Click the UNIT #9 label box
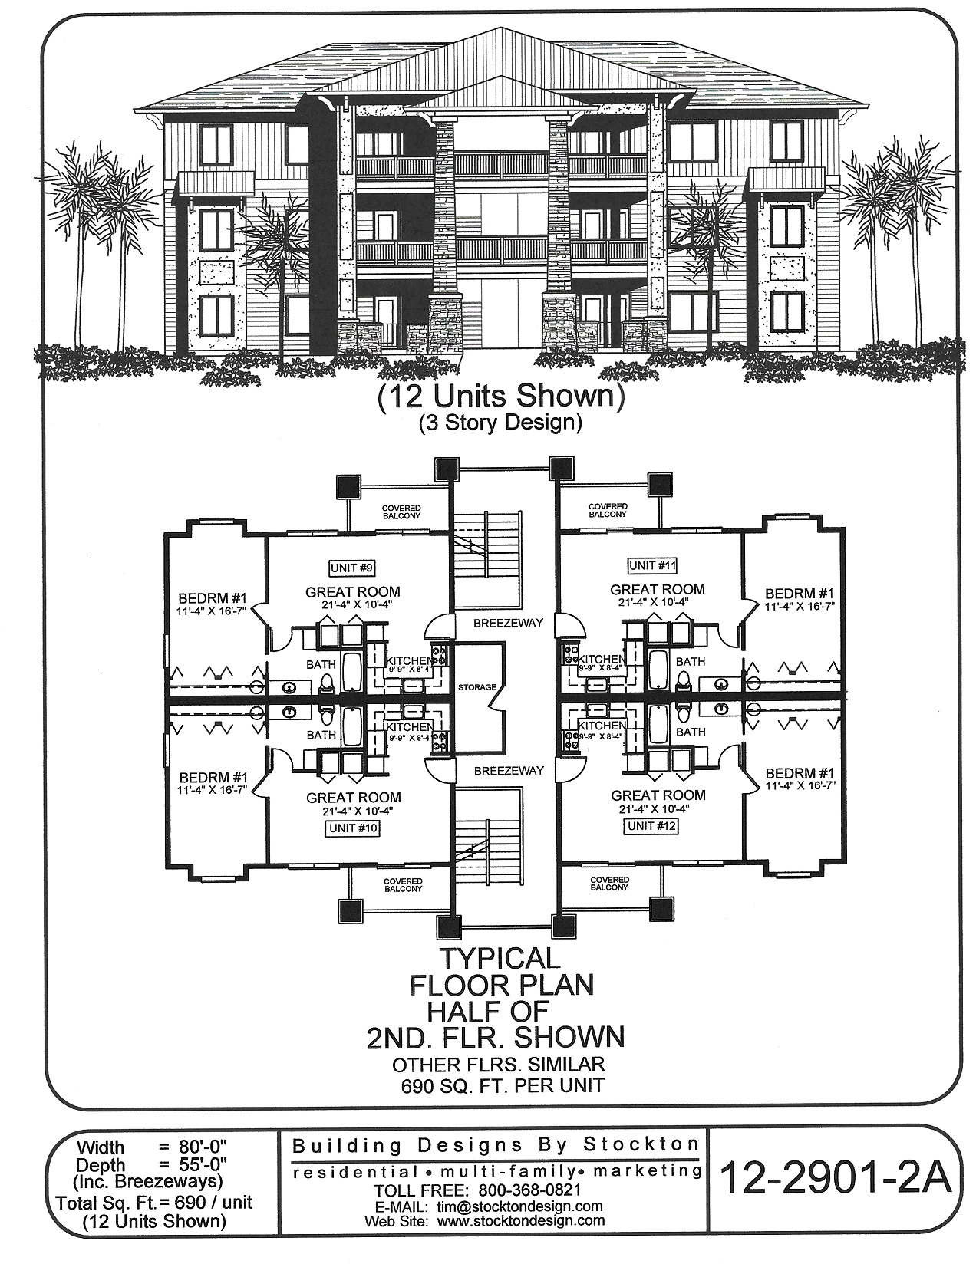coord(353,568)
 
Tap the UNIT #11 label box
coord(652,566)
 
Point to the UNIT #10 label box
coord(353,828)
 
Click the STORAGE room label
coord(477,687)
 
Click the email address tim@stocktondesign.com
coord(519,1206)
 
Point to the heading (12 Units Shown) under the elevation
coord(497,397)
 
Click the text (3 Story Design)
coord(498,423)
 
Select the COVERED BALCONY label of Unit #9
coord(403,512)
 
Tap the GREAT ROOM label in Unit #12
coord(658,795)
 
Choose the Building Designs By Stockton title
coord(495,1146)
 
